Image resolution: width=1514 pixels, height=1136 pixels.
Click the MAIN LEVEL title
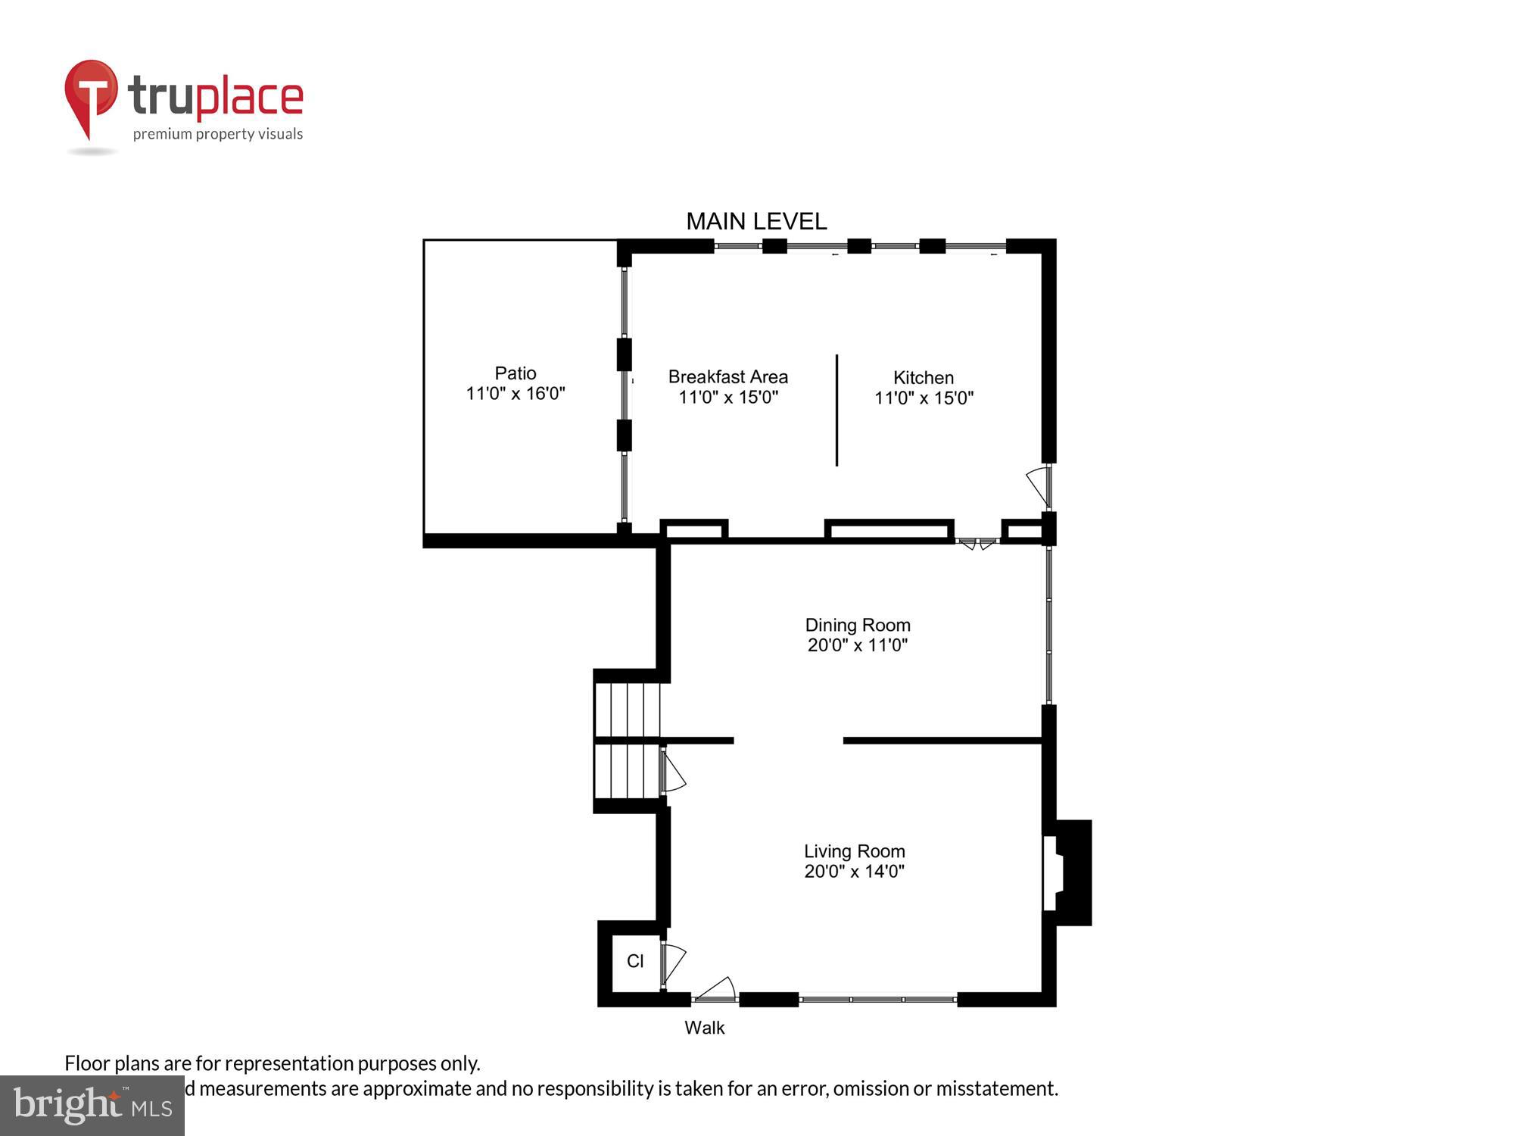(756, 221)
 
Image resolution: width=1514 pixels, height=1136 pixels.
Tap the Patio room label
(516, 373)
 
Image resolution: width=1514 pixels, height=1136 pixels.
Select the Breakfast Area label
(727, 377)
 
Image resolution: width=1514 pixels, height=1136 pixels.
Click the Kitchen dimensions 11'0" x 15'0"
(924, 398)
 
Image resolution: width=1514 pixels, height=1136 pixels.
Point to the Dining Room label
(857, 625)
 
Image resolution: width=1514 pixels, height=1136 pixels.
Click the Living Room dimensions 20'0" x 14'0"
(854, 871)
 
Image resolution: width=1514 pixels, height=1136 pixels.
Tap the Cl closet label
(635, 961)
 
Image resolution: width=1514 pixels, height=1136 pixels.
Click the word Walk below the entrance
(704, 1028)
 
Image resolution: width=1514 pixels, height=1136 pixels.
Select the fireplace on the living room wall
(1067, 872)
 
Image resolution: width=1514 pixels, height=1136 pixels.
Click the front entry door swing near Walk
(716, 989)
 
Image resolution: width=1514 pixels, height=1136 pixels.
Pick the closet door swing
(673, 963)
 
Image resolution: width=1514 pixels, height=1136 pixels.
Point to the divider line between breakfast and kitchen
(836, 410)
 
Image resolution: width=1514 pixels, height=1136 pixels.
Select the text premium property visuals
(218, 134)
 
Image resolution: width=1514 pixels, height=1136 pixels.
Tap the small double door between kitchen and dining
(977, 543)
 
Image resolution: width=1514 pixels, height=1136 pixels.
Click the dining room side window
(1048, 626)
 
